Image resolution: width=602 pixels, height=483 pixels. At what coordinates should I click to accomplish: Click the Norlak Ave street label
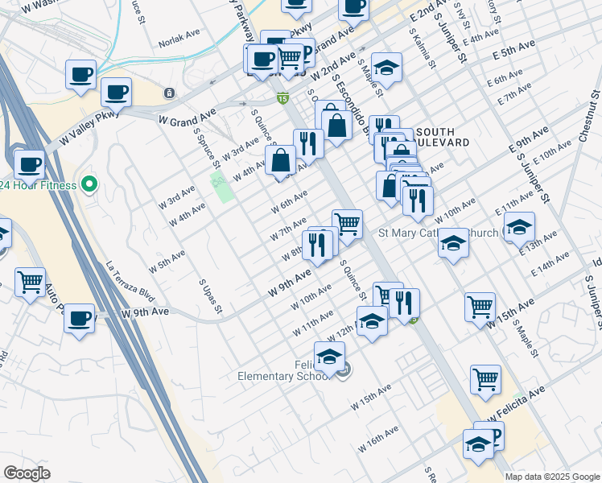(179, 39)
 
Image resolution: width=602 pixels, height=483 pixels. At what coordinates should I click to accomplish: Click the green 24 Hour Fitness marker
(89, 185)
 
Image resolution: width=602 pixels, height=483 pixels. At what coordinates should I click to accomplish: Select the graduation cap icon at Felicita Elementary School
(329, 356)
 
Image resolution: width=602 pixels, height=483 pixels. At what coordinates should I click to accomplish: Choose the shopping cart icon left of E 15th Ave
(480, 306)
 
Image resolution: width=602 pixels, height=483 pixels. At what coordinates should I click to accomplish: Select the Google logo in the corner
(27, 473)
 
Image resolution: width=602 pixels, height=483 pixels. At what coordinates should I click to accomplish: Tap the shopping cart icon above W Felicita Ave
(485, 379)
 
